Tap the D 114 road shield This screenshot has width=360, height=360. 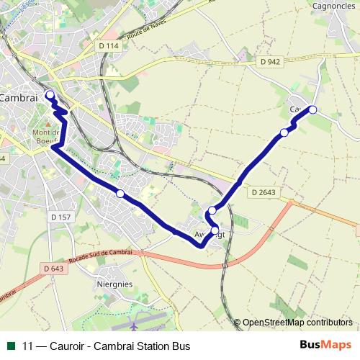[108, 45]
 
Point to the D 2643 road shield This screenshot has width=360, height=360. [265, 192]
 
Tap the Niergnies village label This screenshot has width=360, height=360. [114, 284]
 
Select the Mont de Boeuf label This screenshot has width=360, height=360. [48, 137]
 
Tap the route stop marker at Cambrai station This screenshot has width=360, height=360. [50, 95]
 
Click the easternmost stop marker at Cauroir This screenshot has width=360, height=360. [312, 109]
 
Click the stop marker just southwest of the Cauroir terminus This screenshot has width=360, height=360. [284, 132]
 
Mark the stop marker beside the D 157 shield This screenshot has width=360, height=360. [120, 193]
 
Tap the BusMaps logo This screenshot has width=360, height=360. [325, 345]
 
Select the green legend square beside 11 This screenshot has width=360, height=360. [10, 346]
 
